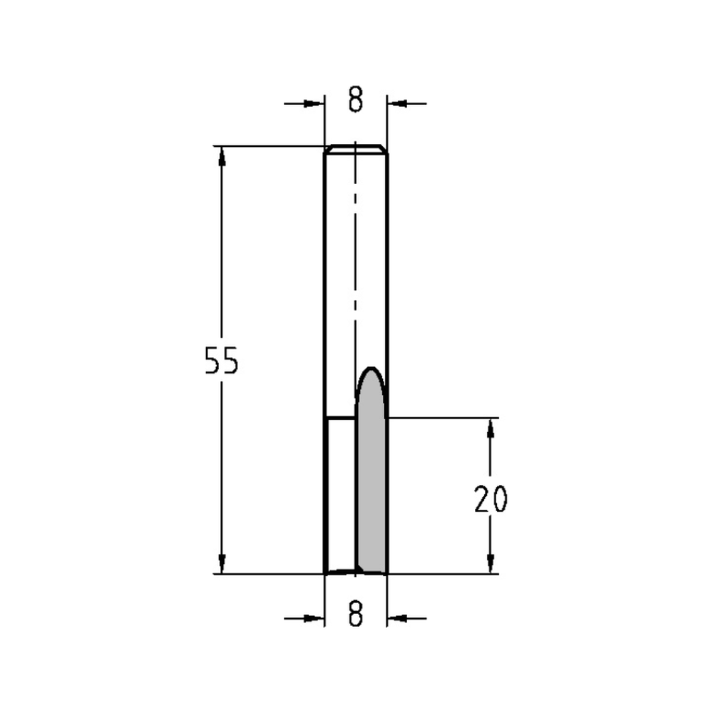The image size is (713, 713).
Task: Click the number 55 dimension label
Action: (221, 362)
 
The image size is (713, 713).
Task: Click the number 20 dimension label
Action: (491, 500)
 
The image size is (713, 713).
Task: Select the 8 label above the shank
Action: (356, 101)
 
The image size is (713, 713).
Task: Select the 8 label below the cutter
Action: (356, 613)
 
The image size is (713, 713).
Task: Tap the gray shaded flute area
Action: (371, 492)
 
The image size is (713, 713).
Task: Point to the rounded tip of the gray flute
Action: (371, 370)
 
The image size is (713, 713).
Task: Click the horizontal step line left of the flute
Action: (339, 418)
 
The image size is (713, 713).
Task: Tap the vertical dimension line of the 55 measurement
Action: (222, 285)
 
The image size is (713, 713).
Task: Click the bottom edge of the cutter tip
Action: (356, 573)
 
